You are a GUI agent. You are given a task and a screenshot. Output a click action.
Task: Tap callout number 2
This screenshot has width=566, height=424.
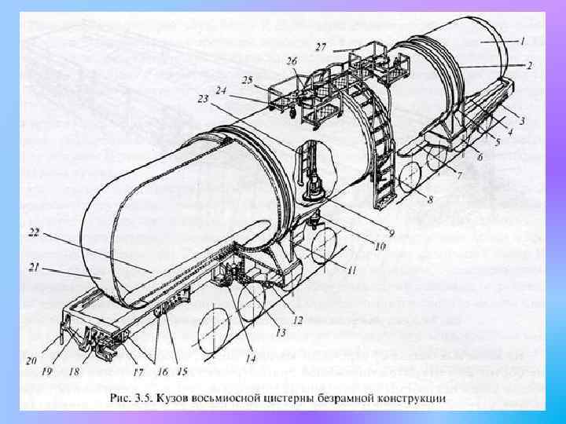pyautogui.click(x=530, y=66)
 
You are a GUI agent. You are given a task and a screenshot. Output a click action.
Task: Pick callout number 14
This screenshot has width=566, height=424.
pyautogui.click(x=251, y=360)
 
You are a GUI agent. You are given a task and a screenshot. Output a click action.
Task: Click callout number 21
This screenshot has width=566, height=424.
pyautogui.click(x=34, y=268)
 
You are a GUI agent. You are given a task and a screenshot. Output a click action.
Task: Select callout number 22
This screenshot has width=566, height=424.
pyautogui.click(x=34, y=233)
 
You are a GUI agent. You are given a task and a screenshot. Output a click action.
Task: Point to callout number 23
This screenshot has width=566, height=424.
pyautogui.click(x=204, y=100)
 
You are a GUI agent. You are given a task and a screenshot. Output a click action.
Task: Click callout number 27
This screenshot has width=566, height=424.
pyautogui.click(x=321, y=48)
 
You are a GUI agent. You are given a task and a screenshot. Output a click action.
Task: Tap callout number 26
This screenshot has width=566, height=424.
pyautogui.click(x=292, y=60)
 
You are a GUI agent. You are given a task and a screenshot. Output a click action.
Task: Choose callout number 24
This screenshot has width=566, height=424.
pyautogui.click(x=221, y=90)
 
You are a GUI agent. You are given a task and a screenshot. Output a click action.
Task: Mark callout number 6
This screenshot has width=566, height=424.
pyautogui.click(x=480, y=157)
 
